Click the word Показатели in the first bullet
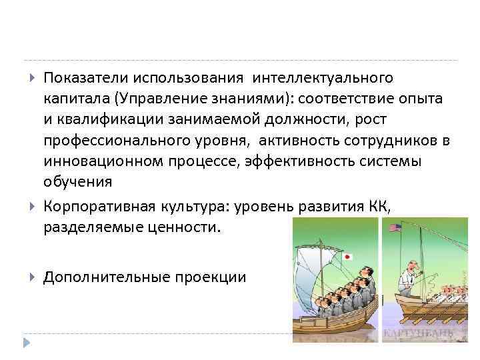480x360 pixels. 85,79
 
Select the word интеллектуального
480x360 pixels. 323,79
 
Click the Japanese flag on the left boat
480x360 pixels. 347,256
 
